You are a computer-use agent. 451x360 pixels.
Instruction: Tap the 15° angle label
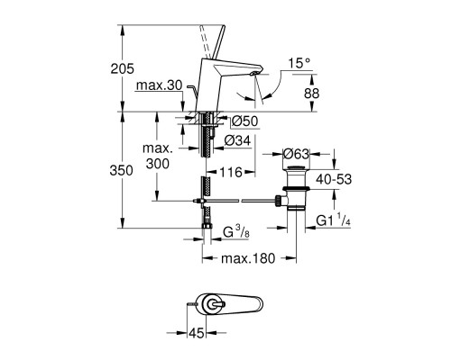[300, 64]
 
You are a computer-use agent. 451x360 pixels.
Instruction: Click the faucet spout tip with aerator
[255, 90]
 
